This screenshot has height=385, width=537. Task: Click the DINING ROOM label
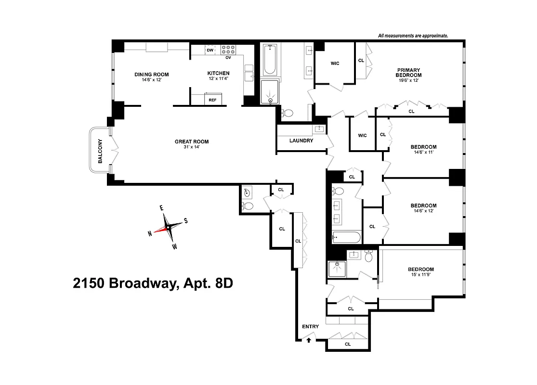[151, 74]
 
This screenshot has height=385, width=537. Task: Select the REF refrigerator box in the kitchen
[212, 100]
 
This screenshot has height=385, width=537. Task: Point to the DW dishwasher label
[210, 50]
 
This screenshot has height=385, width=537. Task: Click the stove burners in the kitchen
[228, 49]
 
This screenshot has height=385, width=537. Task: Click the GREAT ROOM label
[192, 141]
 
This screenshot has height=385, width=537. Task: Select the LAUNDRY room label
[301, 141]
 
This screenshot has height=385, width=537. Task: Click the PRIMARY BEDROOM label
[408, 72]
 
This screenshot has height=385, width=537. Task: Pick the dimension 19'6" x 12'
[408, 80]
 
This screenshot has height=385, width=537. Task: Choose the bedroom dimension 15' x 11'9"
[421, 276]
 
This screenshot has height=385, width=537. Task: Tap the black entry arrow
[309, 340]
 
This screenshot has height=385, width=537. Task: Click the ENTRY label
[310, 326]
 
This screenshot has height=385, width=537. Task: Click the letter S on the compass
[186, 221]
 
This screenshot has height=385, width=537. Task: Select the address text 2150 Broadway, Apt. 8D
[153, 283]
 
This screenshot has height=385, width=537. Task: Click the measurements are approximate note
[413, 36]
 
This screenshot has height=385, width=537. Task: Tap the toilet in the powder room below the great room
[248, 206]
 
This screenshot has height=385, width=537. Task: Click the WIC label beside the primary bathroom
[335, 63]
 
